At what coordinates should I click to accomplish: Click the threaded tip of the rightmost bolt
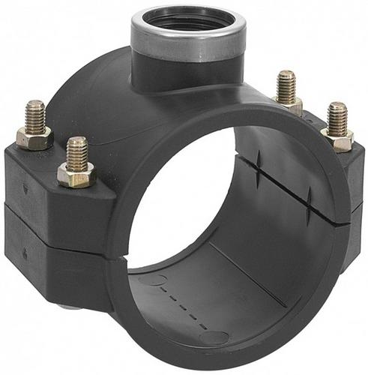pyautogui.click(x=338, y=118)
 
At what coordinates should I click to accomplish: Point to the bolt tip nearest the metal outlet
pyautogui.click(x=286, y=86)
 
